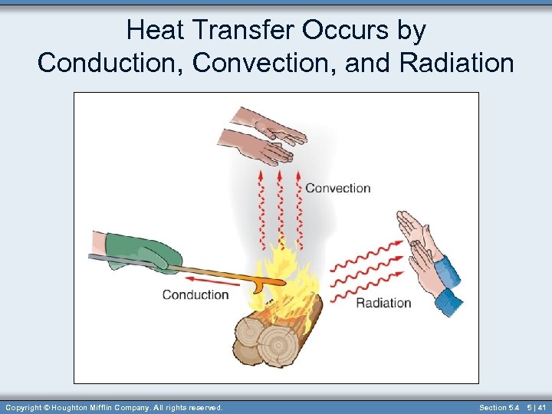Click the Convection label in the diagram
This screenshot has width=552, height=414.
[337, 188]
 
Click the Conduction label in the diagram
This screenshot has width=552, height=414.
[195, 294]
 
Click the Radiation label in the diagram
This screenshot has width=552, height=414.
[383, 303]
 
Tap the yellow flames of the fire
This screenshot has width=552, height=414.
[287, 276]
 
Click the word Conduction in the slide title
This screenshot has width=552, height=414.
[111, 63]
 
